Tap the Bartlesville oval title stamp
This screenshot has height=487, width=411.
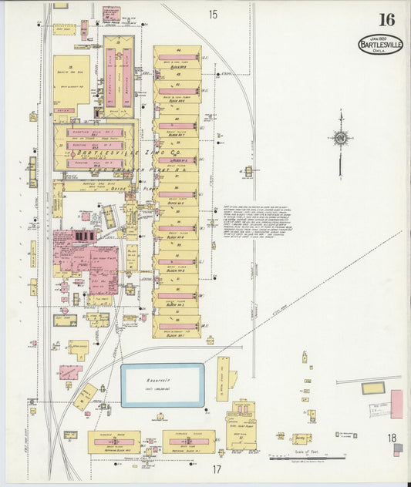[x=380, y=45]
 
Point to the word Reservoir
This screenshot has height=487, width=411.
[x=161, y=380]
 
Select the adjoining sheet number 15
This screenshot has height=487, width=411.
[x=212, y=14]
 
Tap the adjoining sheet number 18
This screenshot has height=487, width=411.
[x=392, y=438]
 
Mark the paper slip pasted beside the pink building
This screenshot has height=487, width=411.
[x=376, y=409]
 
